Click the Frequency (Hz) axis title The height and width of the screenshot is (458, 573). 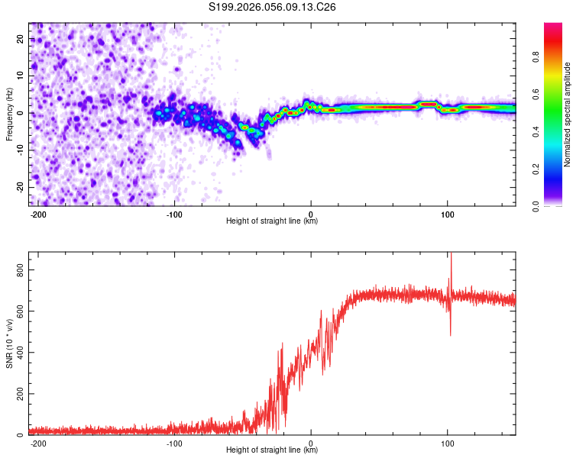pos(9,114)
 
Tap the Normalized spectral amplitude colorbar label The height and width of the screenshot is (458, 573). pos(568,114)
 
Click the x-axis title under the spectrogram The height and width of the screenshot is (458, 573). pos(272,221)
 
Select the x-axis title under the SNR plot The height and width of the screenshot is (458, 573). pos(272,450)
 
